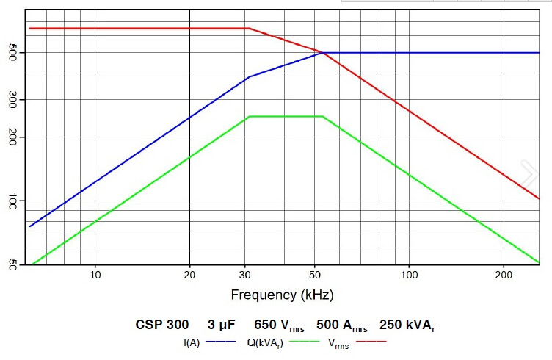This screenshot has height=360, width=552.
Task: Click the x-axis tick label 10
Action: [95, 275]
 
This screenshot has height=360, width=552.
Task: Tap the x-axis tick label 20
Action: [189, 275]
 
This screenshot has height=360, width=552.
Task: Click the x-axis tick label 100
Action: [409, 275]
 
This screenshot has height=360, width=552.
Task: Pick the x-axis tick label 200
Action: [503, 275]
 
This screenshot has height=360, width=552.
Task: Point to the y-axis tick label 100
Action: [12, 201]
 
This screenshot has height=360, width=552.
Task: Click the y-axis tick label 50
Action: [12, 264]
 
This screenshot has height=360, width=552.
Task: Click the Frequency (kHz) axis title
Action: [282, 295]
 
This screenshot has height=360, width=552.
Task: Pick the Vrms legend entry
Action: [338, 342]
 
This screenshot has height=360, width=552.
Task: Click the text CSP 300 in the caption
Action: [161, 325]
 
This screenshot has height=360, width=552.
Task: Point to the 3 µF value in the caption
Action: [221, 325]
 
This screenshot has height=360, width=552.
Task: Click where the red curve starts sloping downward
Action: [249, 29]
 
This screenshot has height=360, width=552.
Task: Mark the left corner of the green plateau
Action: [249, 116]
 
